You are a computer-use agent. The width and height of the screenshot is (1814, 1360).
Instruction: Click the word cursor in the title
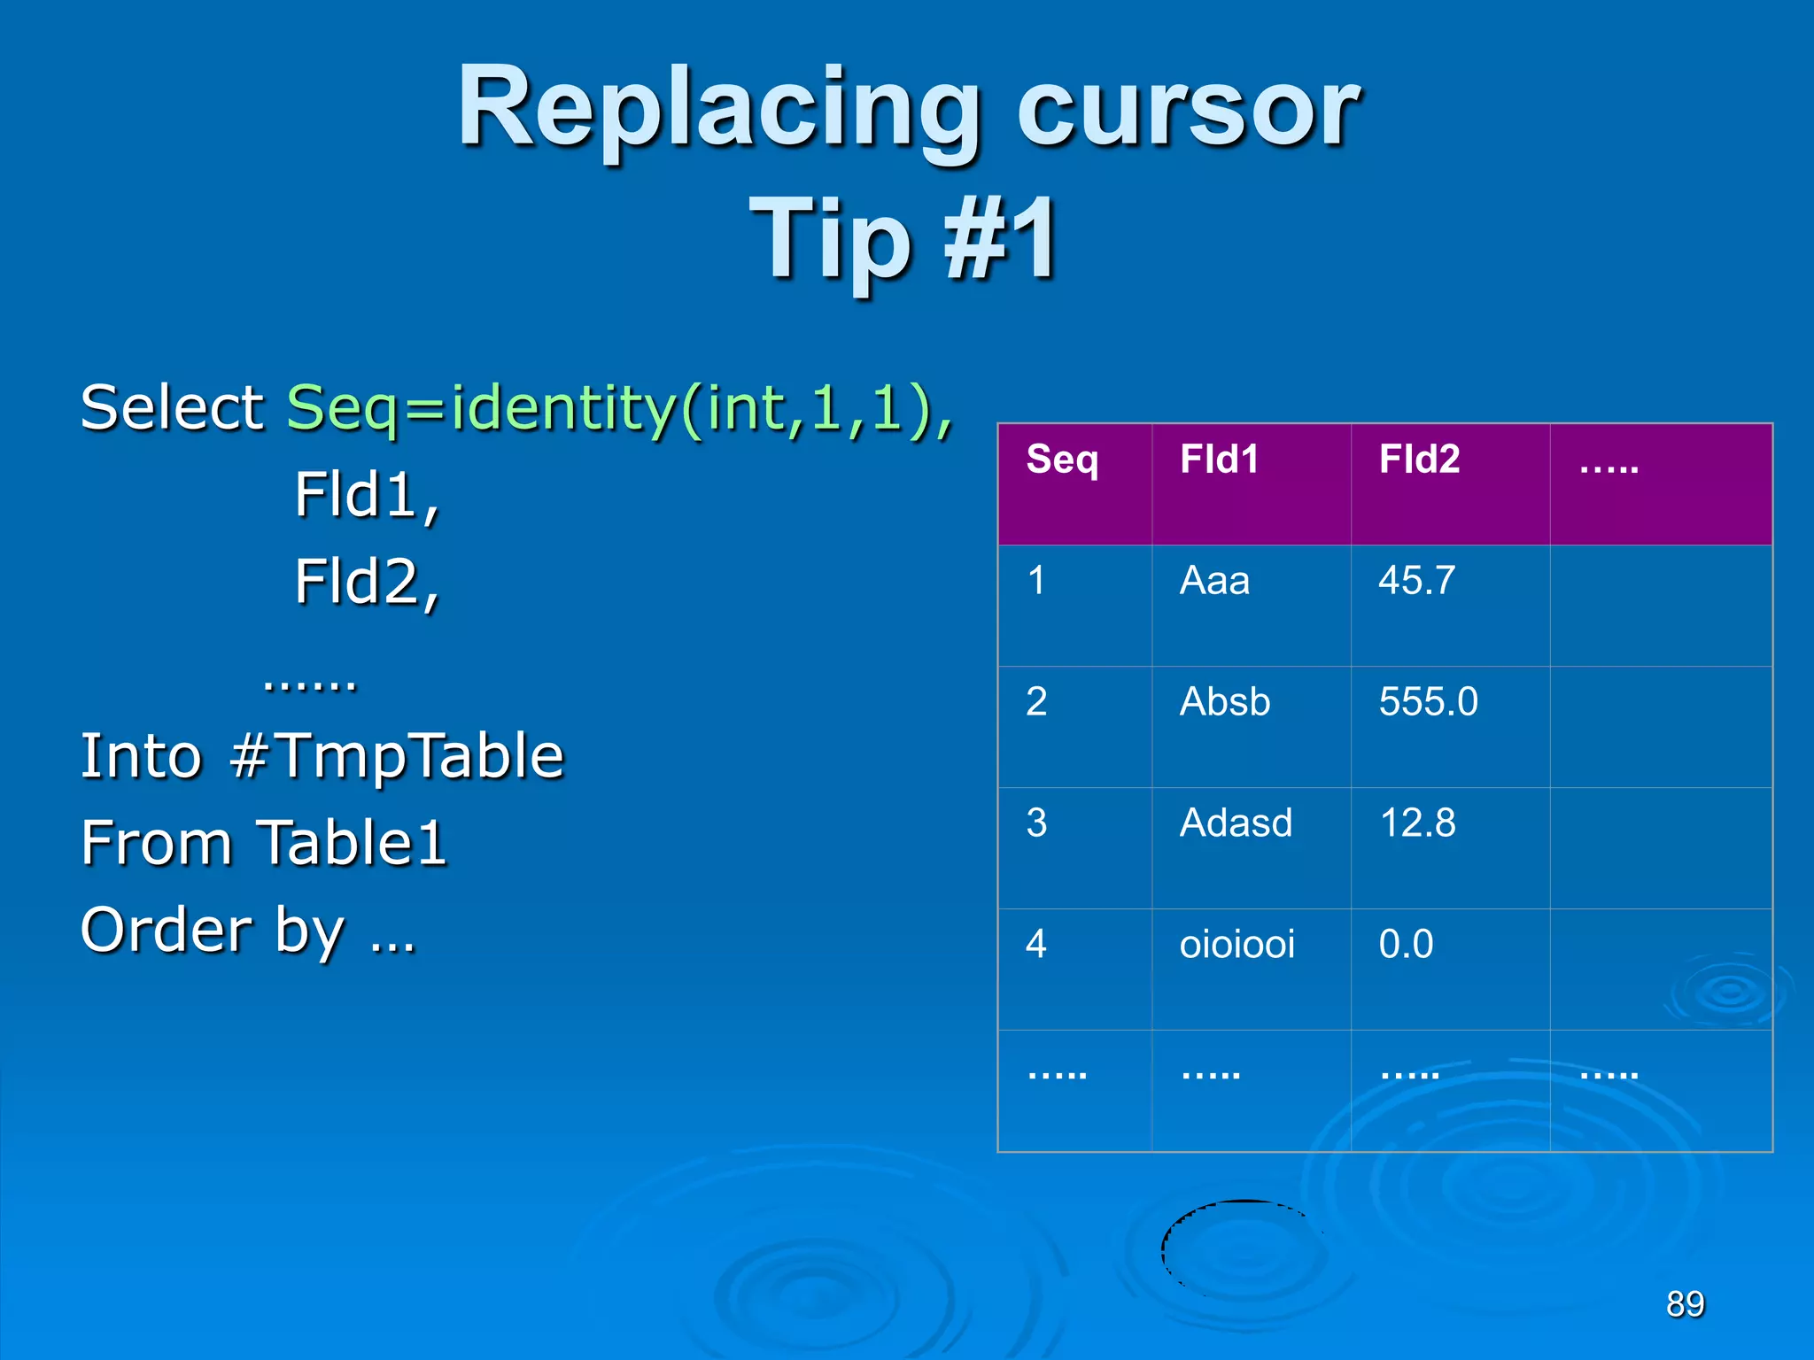click(1187, 111)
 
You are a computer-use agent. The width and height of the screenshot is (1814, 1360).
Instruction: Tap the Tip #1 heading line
click(903, 239)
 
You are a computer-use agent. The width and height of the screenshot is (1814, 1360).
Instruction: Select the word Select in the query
click(172, 409)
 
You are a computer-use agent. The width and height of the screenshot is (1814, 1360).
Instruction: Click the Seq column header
click(1062, 460)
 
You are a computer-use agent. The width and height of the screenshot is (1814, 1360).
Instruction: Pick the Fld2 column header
click(1419, 460)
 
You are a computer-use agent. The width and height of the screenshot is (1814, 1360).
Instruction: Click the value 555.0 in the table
click(1428, 703)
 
